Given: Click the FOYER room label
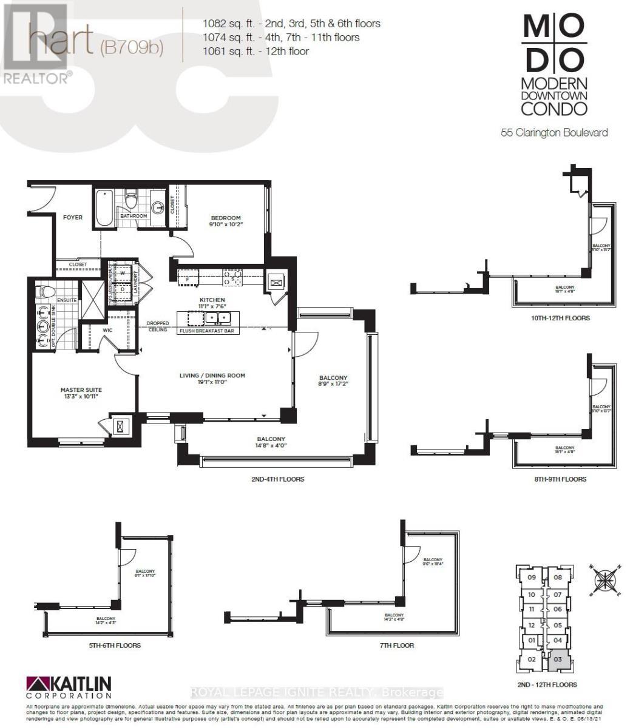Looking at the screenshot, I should [x=73, y=217].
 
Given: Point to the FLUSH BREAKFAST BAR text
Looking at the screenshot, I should [x=206, y=331].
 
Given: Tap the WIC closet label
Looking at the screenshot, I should [x=107, y=331].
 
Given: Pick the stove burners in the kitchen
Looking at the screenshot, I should [x=232, y=277].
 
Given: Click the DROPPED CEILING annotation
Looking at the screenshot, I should [x=157, y=326].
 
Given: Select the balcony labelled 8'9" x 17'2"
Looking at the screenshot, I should [x=333, y=381].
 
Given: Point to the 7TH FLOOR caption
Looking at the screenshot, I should [x=396, y=645].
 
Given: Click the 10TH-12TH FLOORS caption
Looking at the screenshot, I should [x=560, y=318].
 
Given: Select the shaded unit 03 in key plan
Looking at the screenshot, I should [x=559, y=659].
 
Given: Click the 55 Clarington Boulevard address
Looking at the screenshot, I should [x=553, y=132].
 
